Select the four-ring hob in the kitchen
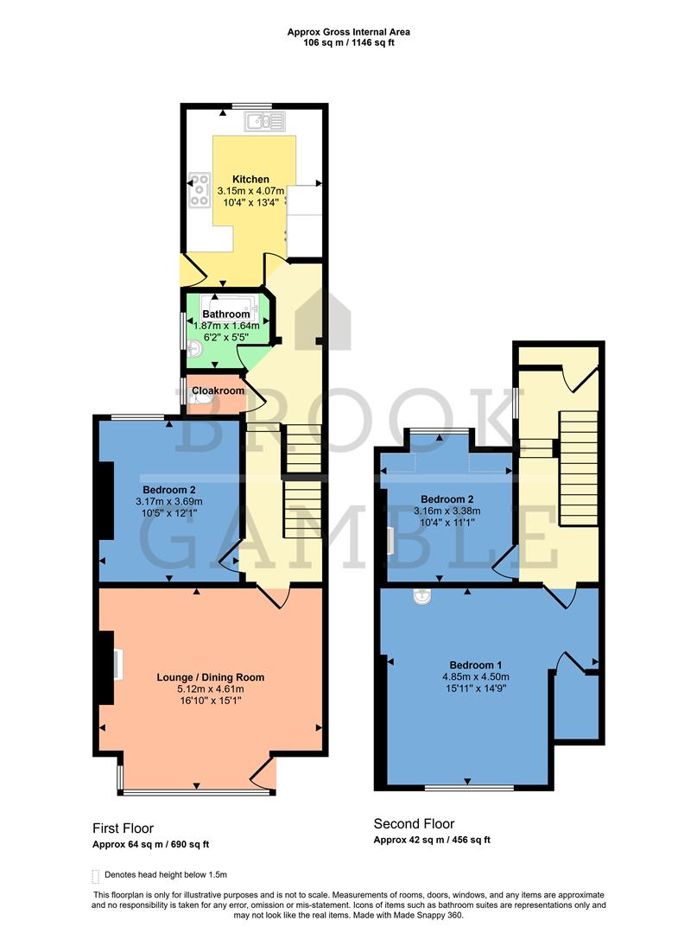(x=200, y=190)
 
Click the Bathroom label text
(x=225, y=314)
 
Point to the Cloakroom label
(x=216, y=390)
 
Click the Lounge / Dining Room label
(x=210, y=677)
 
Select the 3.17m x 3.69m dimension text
(x=169, y=502)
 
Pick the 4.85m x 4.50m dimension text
(x=476, y=676)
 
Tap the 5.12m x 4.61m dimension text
(x=210, y=689)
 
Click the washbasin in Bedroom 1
(x=422, y=596)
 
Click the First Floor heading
(x=123, y=828)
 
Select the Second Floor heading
(x=414, y=824)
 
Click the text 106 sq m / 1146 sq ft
(x=348, y=41)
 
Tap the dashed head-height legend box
(x=95, y=876)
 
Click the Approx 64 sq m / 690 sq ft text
(x=151, y=844)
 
